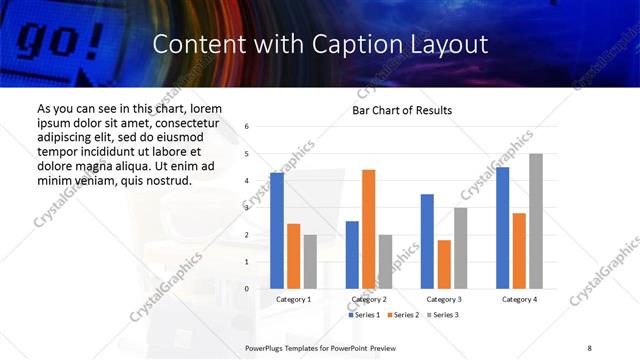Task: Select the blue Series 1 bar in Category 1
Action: click(277, 230)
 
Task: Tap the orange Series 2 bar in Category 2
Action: click(368, 229)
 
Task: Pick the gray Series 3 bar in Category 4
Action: click(536, 221)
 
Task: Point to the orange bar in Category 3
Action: click(444, 264)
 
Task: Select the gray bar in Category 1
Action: click(310, 261)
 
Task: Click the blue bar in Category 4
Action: click(502, 228)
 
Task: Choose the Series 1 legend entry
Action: click(363, 315)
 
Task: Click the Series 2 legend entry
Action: click(402, 315)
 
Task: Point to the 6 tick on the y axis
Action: click(247, 126)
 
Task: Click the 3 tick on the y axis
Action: click(247, 208)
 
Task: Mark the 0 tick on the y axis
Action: click(247, 289)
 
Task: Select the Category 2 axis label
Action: click(369, 299)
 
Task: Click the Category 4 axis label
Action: click(519, 299)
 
